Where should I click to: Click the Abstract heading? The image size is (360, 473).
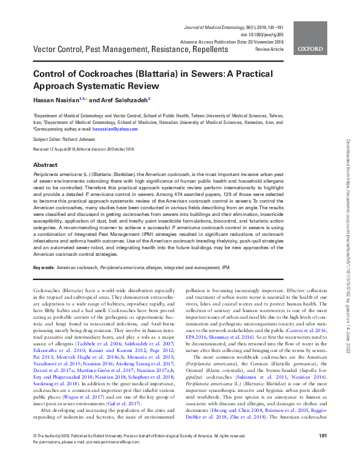pyautogui.click(x=45, y=165)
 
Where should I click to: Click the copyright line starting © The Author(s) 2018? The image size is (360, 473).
pyautogui.click(x=61, y=452)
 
